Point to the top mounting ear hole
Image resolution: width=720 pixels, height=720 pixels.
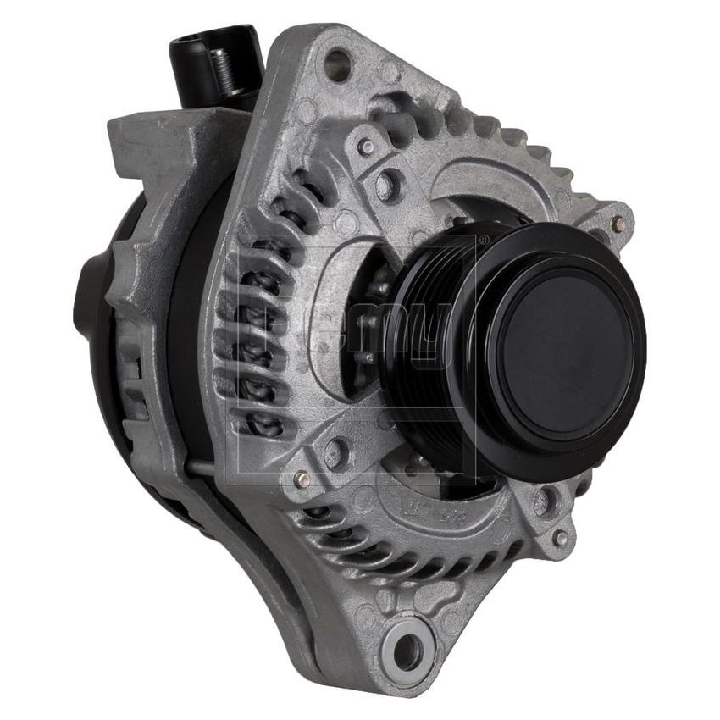tap(337, 61)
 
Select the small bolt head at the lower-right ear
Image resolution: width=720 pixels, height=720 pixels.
tap(559, 537)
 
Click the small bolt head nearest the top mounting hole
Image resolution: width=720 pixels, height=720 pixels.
tap(366, 146)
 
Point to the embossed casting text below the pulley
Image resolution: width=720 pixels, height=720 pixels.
tap(417, 507)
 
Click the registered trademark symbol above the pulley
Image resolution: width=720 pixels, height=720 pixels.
tap(484, 240)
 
